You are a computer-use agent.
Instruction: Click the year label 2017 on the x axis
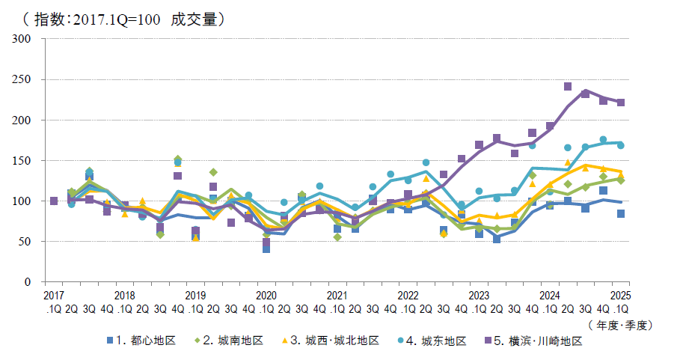point(54,295)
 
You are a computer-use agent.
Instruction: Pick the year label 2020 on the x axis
point(266,295)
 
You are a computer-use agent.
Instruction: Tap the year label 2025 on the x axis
point(621,295)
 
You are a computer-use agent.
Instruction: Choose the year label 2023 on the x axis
point(479,295)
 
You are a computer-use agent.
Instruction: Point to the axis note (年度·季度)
point(622,325)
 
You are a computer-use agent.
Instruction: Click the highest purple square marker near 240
point(568,87)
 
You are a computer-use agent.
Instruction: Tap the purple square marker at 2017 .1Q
point(54,201)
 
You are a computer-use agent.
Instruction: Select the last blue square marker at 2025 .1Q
point(621,214)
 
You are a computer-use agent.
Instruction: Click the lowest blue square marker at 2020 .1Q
point(266,248)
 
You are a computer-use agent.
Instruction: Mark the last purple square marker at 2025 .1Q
point(621,103)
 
